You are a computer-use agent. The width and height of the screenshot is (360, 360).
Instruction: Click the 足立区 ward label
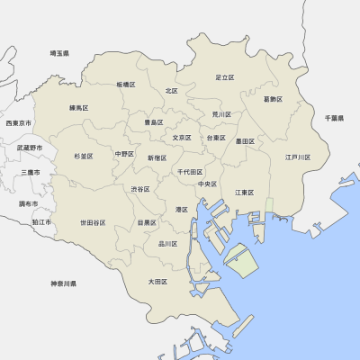(x=225, y=78)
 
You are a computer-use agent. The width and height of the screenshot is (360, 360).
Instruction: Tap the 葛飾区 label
(x=273, y=99)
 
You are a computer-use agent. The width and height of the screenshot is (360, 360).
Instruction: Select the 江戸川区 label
(x=298, y=157)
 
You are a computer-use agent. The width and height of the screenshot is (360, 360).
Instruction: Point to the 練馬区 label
(x=79, y=108)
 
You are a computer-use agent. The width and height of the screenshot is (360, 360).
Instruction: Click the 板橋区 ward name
(x=125, y=85)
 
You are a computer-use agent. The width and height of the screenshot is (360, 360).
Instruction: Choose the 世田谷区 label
(x=93, y=222)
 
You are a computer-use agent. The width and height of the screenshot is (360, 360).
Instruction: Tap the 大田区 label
(x=157, y=282)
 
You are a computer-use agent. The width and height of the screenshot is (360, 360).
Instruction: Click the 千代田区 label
(x=190, y=171)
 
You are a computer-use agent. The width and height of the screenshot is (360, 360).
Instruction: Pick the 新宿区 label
(x=157, y=157)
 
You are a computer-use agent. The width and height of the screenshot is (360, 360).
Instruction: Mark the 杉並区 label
(x=84, y=156)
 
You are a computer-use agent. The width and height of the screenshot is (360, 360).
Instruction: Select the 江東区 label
(x=244, y=193)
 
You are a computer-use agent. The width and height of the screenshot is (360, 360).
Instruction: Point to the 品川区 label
(x=167, y=244)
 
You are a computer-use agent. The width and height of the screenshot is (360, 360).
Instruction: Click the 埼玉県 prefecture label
(x=59, y=54)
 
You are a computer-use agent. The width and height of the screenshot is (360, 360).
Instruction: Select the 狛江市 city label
(x=41, y=221)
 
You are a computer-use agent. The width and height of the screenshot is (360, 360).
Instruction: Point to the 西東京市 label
(x=19, y=122)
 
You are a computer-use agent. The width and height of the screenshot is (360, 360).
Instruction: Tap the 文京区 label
(x=182, y=138)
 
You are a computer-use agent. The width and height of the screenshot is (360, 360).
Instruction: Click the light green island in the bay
(x=240, y=261)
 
